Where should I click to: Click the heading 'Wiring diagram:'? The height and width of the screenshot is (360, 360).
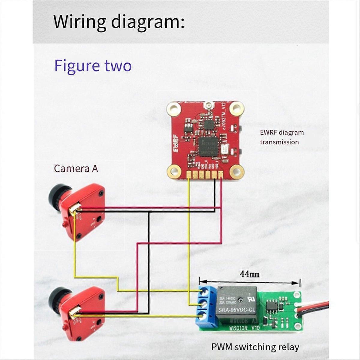point(119,22)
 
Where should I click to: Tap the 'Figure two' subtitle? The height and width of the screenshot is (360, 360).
point(93,66)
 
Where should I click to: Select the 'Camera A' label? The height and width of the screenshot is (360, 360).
point(76,169)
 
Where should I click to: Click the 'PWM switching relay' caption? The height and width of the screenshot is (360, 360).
point(255,347)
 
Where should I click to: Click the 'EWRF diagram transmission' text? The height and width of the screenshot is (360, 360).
point(282,137)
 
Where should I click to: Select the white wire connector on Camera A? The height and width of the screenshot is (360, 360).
point(75,209)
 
